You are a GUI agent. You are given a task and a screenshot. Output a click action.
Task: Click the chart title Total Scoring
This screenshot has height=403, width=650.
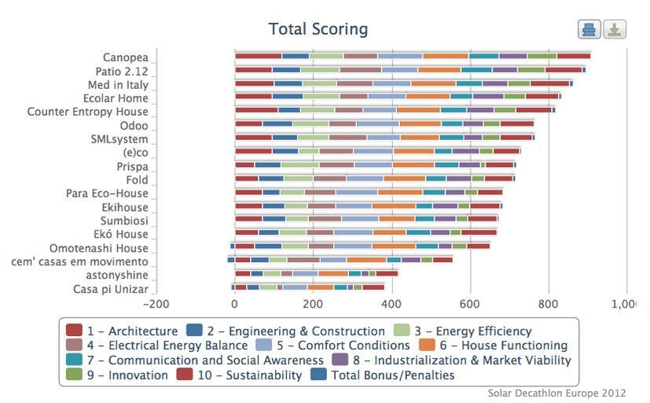pos(318,29)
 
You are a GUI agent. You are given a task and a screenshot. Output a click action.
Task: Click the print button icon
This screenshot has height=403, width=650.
pos(589,30)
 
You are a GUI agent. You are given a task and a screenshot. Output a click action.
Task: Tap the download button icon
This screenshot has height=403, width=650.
pos(615,30)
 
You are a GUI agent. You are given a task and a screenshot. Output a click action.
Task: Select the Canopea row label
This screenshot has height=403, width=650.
pos(125,57)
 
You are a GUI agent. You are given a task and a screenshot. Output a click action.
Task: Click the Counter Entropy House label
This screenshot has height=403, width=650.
pos(87,112)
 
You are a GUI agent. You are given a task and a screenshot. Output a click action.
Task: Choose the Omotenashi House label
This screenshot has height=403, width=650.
pos(98,248)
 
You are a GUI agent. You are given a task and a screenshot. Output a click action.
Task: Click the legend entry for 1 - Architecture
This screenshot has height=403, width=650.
pos(122,331)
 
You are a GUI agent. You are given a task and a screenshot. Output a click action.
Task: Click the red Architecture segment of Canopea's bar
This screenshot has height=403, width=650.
pos(258,56)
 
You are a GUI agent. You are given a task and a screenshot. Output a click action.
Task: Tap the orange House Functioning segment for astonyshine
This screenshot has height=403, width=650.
pos(332,274)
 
